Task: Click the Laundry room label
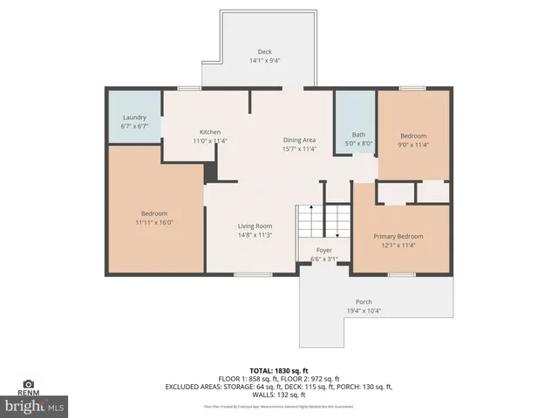tap(134, 117)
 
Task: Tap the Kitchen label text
tap(210, 131)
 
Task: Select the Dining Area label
tap(299, 139)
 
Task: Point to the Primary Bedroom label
tap(398, 236)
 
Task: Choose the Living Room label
tap(255, 226)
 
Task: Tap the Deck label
tap(264, 51)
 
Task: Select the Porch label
tap(363, 301)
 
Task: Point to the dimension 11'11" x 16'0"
tap(154, 222)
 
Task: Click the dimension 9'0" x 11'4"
tap(413, 145)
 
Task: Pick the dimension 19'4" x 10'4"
tap(363, 311)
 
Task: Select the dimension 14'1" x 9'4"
tap(264, 61)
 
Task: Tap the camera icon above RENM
tap(28, 383)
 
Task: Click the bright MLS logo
tap(35, 406)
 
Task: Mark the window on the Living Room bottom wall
tap(251, 275)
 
